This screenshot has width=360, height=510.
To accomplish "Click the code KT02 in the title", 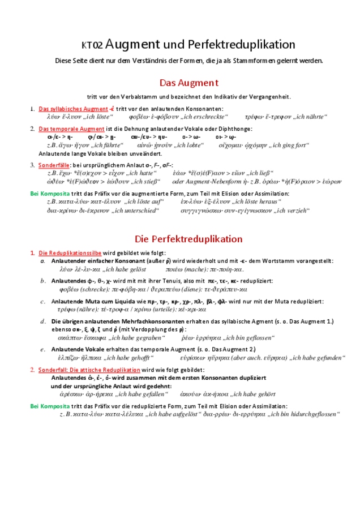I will tap(92, 46).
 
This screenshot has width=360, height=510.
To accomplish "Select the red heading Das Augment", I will tap(188, 83).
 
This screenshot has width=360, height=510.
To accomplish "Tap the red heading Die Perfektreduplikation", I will tap(188, 239).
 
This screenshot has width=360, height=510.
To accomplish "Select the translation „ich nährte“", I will tap(308, 117).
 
